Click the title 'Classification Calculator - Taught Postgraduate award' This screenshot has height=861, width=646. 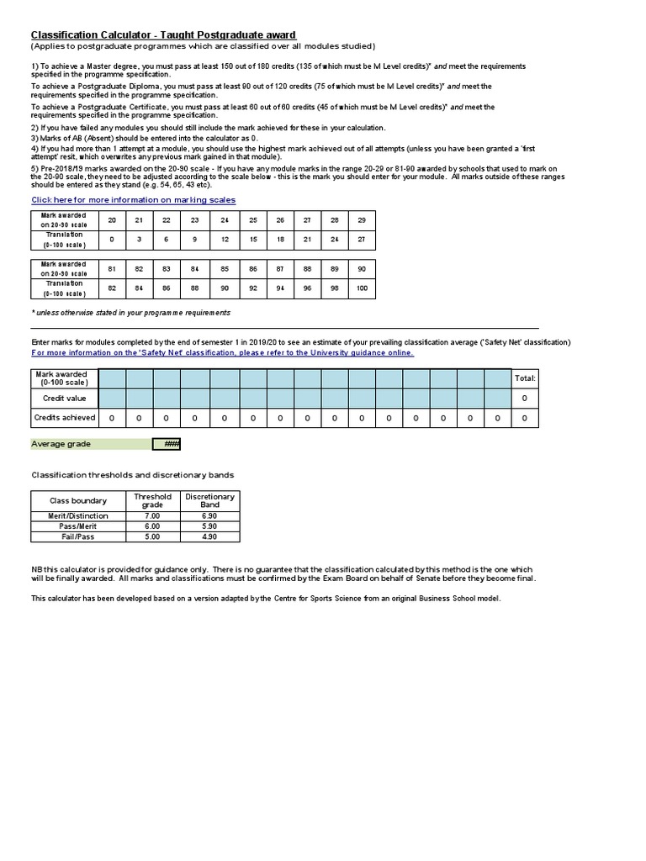pos(163,34)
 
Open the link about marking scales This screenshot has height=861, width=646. pos(133,200)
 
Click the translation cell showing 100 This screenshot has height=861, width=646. pos(362,288)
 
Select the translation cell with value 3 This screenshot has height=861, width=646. pos(140,240)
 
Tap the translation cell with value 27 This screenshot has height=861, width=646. pos(362,240)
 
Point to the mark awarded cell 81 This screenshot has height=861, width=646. pos(112,269)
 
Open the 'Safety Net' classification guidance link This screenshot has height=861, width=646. pos(222,353)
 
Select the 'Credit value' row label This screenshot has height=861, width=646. pos(65,398)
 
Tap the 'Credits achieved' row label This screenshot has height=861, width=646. pos(65,417)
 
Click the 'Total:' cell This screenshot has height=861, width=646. pos(525,378)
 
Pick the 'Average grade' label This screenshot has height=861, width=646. pos(61,444)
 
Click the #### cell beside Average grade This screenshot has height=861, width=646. pos(167,444)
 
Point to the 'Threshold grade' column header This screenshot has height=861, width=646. pos(152,501)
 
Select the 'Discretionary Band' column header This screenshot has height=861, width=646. pos(209,501)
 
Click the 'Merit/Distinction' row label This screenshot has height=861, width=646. pos(78,516)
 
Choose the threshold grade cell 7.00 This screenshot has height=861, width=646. pos(152,516)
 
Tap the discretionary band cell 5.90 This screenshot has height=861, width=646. pos(209,526)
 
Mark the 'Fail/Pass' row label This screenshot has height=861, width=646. pos(78,536)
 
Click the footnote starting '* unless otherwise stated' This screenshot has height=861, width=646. pos(130,313)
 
